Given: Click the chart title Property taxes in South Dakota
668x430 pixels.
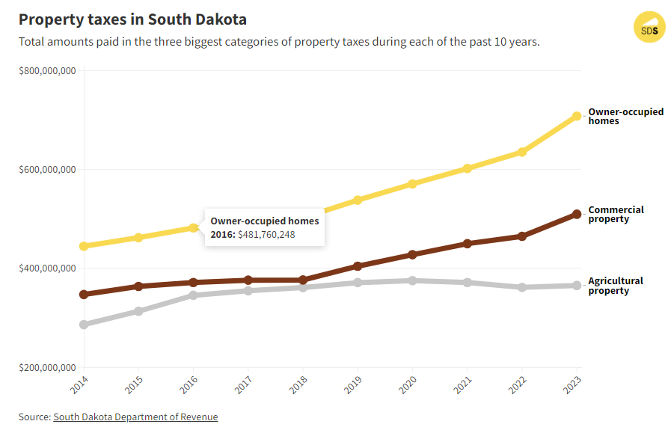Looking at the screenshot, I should [x=132, y=19].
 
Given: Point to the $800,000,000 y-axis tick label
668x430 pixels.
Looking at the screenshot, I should [x=47, y=71].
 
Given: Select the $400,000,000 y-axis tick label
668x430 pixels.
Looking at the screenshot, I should [x=47, y=268].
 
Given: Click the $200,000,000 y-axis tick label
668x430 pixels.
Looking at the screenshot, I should [x=47, y=367].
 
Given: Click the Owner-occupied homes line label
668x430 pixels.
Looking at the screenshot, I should [x=625, y=116].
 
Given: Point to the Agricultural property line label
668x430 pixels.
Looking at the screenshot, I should [x=615, y=286].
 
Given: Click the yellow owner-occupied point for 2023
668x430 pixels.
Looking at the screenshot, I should [x=577, y=116].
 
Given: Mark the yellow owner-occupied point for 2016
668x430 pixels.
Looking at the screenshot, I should [x=193, y=227].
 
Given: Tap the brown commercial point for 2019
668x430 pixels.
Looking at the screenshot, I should [x=358, y=265].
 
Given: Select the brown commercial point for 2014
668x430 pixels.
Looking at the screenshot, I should [x=84, y=295].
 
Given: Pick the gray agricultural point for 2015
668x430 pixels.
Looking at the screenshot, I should [x=138, y=311].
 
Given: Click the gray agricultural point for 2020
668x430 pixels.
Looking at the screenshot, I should [x=412, y=280].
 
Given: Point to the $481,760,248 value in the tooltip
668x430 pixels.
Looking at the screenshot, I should [x=266, y=235].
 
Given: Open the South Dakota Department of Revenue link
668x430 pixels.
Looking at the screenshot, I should [x=135, y=417].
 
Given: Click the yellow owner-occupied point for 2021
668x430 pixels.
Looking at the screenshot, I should [x=468, y=168].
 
